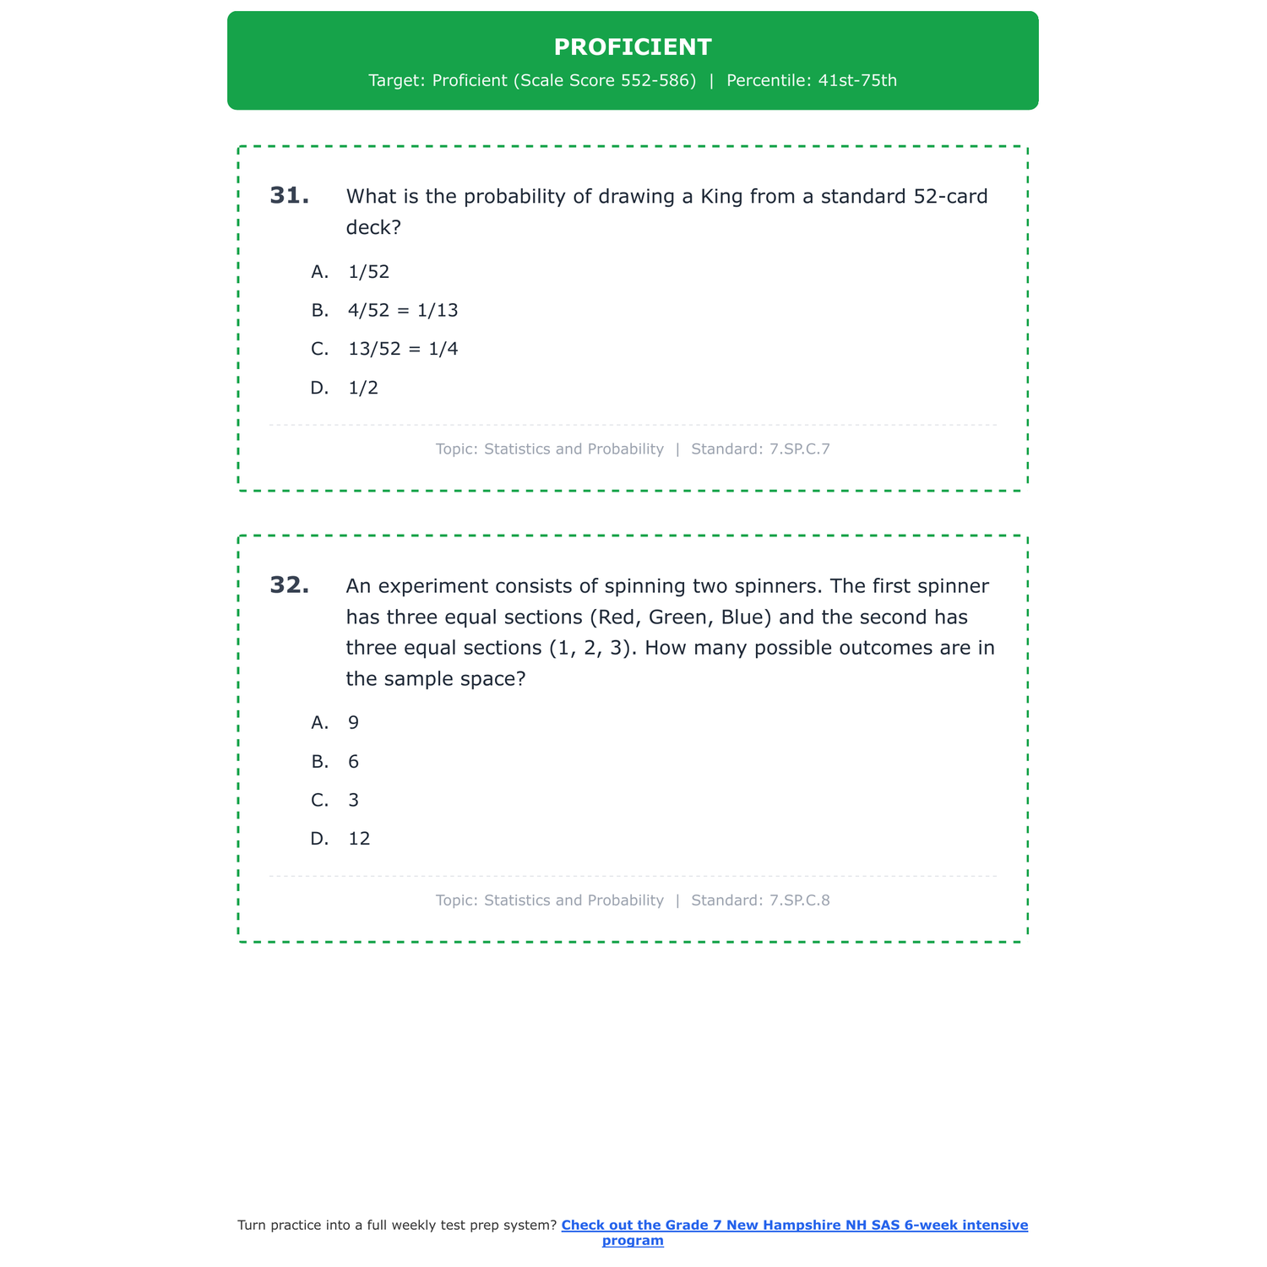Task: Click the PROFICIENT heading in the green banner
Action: point(633,47)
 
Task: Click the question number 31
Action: point(289,196)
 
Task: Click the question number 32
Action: point(289,585)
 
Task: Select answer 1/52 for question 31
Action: point(368,272)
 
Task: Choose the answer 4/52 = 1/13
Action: point(403,311)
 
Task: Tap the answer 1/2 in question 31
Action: point(363,389)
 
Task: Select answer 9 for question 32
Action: point(353,723)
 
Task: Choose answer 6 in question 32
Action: point(353,762)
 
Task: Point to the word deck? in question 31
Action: point(373,228)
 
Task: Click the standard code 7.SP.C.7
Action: point(799,449)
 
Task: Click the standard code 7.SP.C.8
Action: point(799,900)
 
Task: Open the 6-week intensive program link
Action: point(794,1226)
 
